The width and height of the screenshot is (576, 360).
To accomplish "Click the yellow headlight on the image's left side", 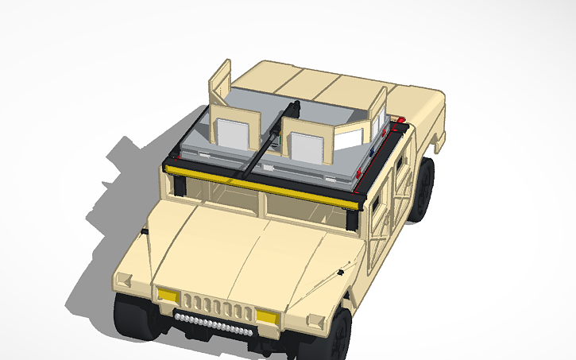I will pos(168,296).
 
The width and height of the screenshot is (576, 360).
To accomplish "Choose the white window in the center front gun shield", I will pos(305,146).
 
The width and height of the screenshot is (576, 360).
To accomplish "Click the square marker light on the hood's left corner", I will pos(125,279).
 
